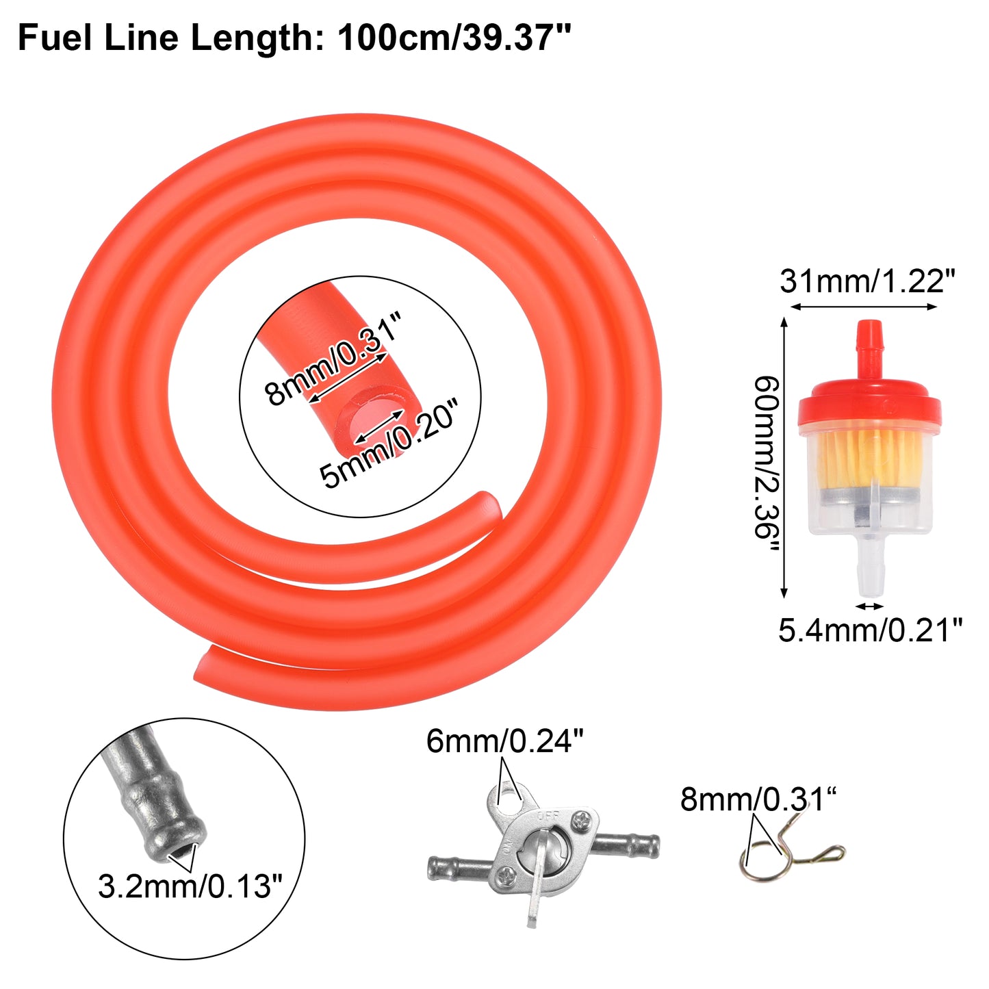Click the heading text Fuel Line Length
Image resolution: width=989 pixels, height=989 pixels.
(170, 38)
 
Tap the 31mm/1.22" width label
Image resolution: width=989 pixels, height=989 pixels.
(867, 281)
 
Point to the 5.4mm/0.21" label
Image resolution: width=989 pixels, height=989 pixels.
(869, 630)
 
